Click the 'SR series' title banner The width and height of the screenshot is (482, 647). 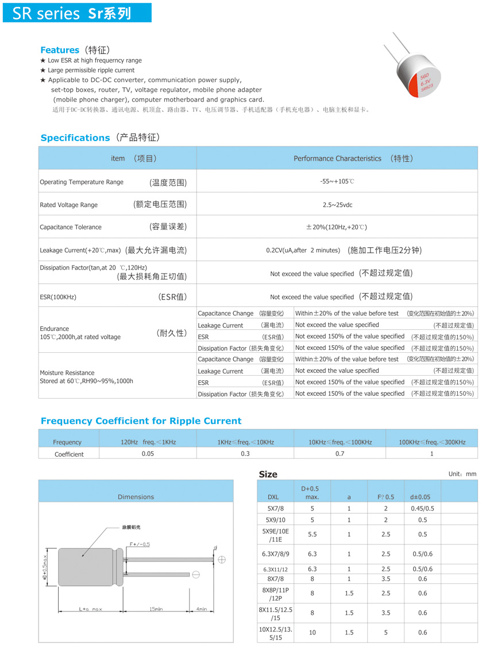pyautogui.click(x=77, y=13)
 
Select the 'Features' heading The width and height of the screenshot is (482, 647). pyautogui.click(x=60, y=50)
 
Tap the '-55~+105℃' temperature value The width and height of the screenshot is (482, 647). pyautogui.click(x=337, y=181)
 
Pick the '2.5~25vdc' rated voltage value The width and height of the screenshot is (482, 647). pyautogui.click(x=337, y=205)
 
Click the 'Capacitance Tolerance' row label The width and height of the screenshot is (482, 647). pyautogui.click(x=71, y=227)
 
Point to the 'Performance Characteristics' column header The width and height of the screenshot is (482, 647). pyautogui.click(x=337, y=158)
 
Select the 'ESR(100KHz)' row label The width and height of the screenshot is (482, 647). pyautogui.click(x=58, y=297)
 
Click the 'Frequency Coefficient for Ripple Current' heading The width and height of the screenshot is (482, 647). pyautogui.click(x=141, y=421)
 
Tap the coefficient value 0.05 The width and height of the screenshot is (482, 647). pyautogui.click(x=148, y=454)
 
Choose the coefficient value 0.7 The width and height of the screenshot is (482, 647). pyautogui.click(x=340, y=454)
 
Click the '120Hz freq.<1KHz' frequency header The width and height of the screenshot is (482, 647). pyautogui.click(x=148, y=442)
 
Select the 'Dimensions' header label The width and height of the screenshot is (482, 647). pyautogui.click(x=136, y=497)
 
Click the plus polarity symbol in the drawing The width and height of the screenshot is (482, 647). pyautogui.click(x=222, y=559)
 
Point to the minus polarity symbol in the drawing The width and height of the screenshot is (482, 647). pyautogui.click(x=196, y=574)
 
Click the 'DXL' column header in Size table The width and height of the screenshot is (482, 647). pyautogui.click(x=273, y=497)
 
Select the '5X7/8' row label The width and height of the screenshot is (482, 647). pyautogui.click(x=276, y=508)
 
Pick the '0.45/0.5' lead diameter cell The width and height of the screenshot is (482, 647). pyautogui.click(x=422, y=508)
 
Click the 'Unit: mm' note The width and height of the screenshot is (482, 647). pyautogui.click(x=462, y=474)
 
